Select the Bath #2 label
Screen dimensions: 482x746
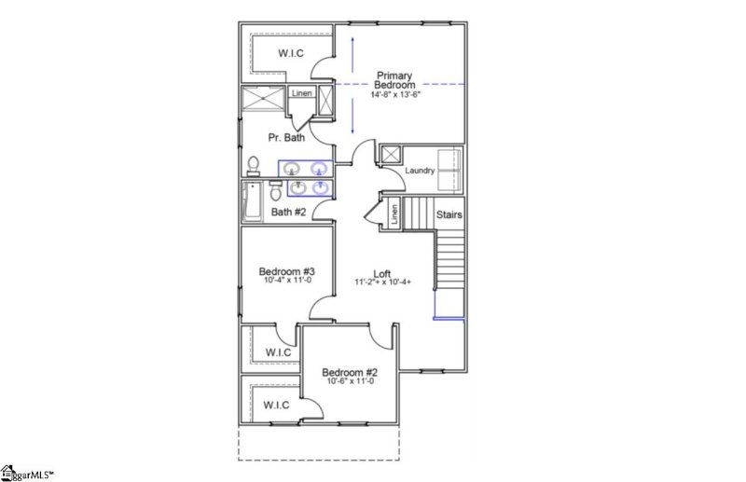point(288,212)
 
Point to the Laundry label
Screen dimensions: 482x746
point(422,171)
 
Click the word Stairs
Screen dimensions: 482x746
point(449,215)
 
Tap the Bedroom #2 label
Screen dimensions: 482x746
point(350,371)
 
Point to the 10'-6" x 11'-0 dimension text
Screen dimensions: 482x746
point(350,380)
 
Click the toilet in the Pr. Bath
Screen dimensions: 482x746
point(253,165)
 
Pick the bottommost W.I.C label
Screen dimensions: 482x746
point(275,405)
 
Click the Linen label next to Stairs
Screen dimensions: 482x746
point(394,214)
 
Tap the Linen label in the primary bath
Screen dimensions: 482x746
point(301,93)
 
